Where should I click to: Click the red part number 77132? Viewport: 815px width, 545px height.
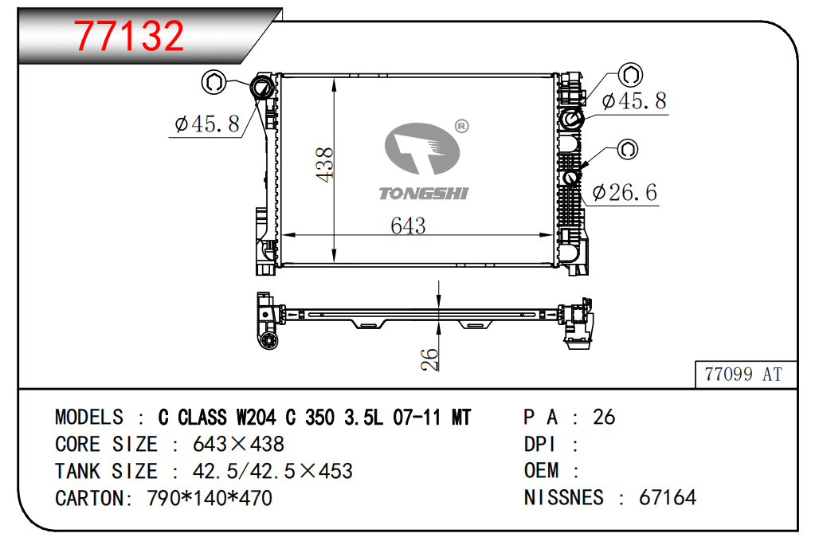click(x=129, y=36)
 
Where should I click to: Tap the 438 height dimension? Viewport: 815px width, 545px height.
click(x=325, y=165)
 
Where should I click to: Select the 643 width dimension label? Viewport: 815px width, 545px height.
click(x=408, y=225)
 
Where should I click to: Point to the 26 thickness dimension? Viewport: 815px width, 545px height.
click(x=430, y=359)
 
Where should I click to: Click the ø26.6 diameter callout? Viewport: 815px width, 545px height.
click(x=625, y=193)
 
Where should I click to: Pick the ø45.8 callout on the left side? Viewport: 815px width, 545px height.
click(x=207, y=124)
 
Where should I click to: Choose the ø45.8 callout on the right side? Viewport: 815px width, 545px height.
click(x=634, y=101)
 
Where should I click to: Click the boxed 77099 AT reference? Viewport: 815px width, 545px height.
click(x=743, y=374)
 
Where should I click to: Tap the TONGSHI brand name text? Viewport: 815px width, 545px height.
click(x=424, y=194)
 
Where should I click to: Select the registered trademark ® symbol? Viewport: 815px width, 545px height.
click(x=461, y=127)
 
